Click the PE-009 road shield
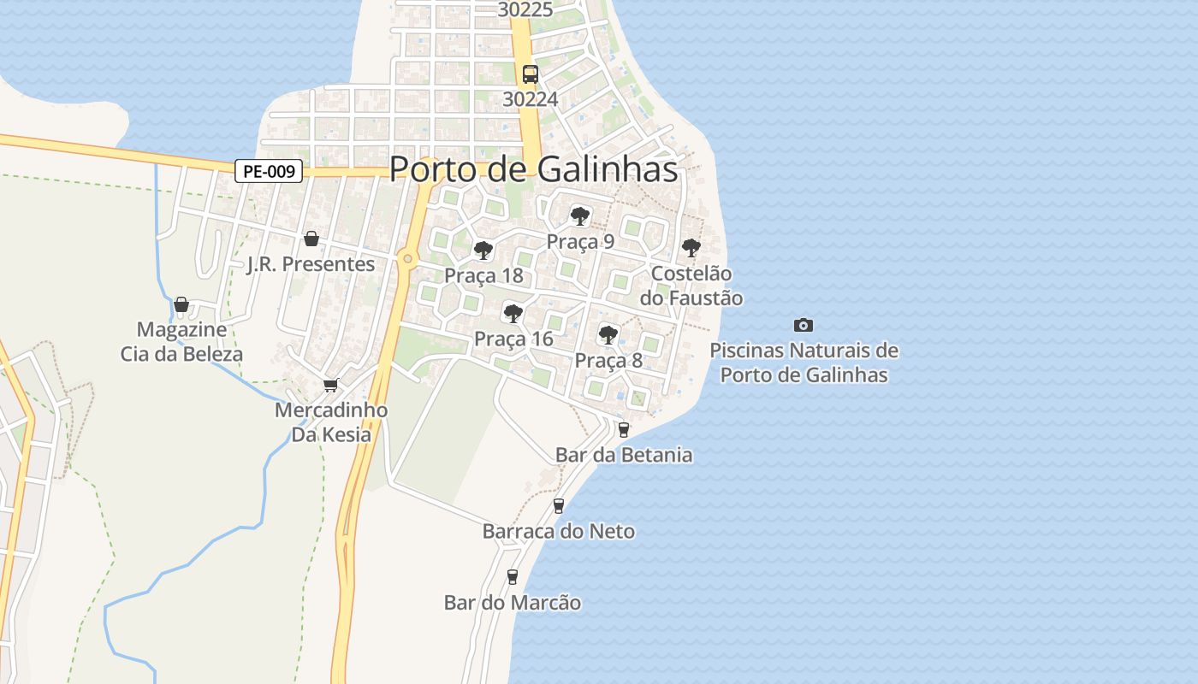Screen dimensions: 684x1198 (x=269, y=171)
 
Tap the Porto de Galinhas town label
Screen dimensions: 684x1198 (x=533, y=169)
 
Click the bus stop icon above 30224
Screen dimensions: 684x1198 (x=531, y=74)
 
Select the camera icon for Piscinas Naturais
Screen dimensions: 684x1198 (x=803, y=325)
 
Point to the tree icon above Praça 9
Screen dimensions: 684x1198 (x=580, y=215)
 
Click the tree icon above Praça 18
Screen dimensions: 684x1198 (x=483, y=250)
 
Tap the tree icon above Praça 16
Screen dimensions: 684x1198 (x=513, y=313)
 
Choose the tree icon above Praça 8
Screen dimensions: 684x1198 (x=608, y=334)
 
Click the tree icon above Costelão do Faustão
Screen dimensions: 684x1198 (x=691, y=248)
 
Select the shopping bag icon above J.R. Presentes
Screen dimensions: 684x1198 (x=311, y=238)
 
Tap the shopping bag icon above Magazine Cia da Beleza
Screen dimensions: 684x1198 (x=181, y=304)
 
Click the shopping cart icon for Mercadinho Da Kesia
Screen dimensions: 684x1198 (x=330, y=385)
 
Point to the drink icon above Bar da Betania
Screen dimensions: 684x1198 (x=623, y=429)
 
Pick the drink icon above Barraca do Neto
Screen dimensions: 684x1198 (x=558, y=505)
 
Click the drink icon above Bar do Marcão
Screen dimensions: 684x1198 (x=512, y=577)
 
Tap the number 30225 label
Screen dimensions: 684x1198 (x=525, y=9)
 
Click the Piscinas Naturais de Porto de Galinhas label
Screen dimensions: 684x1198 (x=804, y=363)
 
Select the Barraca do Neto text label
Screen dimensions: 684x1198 (x=558, y=532)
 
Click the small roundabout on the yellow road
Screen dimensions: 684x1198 (x=407, y=258)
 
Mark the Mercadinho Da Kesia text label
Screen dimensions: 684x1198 (x=331, y=422)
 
